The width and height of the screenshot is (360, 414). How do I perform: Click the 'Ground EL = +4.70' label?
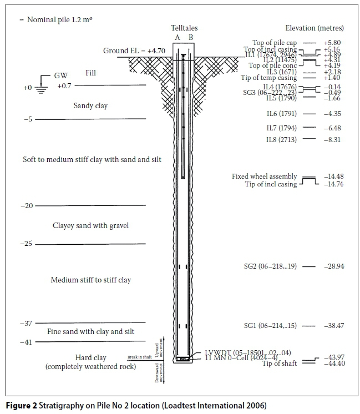[x=134, y=51]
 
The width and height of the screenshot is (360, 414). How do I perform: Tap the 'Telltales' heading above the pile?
[x=184, y=28]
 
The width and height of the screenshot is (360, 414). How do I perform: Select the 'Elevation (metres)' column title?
[x=314, y=28]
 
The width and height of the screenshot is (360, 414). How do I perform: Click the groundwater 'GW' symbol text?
[x=60, y=75]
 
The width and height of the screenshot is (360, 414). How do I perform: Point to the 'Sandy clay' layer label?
[x=90, y=105]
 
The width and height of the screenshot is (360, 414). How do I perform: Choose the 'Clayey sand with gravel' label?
[x=90, y=225]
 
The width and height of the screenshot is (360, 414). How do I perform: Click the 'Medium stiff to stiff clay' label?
[x=90, y=280]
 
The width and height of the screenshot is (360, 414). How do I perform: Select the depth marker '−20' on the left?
[x=27, y=206]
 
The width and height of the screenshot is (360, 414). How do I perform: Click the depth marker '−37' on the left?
[x=27, y=323]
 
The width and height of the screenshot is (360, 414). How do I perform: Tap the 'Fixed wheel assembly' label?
[x=265, y=176]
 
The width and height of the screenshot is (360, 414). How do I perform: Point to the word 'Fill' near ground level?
[x=91, y=73]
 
